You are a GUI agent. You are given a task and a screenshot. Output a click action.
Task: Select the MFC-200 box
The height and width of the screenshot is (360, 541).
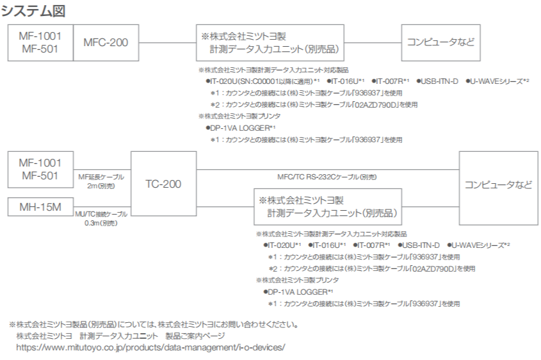click(x=106, y=43)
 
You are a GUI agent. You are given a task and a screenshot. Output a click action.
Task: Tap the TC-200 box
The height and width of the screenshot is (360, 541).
click(x=163, y=184)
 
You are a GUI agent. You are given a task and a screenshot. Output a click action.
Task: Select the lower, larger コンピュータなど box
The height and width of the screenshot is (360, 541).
click(x=498, y=185)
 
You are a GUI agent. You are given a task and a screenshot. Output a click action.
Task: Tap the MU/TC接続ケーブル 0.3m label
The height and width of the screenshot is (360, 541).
click(x=101, y=218)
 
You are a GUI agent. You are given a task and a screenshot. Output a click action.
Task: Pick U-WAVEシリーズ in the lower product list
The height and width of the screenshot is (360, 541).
click(x=479, y=245)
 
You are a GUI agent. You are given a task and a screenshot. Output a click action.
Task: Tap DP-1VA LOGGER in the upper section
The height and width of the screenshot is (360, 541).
click(x=233, y=128)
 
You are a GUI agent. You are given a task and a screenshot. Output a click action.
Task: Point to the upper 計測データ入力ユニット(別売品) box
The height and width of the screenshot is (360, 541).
click(x=270, y=43)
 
